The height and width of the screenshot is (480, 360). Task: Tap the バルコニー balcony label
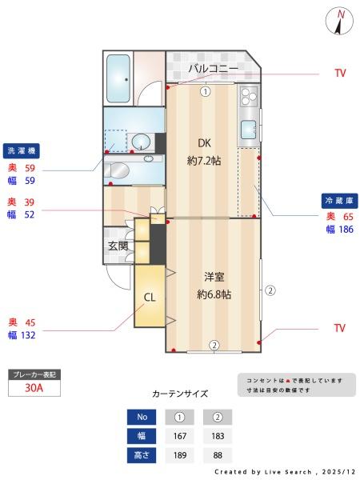click(213, 69)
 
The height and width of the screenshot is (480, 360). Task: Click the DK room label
click(204, 144)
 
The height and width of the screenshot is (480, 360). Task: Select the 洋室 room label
click(214, 277)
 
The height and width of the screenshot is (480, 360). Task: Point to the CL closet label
click(149, 298)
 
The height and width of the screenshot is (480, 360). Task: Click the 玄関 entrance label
click(118, 246)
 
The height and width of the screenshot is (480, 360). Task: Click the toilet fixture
click(118, 171)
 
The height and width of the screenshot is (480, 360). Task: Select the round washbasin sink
click(140, 142)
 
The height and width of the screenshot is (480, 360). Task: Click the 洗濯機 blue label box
click(22, 150)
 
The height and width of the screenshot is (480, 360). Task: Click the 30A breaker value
click(34, 388)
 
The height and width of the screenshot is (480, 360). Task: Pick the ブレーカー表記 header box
click(34, 374)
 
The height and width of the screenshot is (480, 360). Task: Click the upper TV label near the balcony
click(340, 73)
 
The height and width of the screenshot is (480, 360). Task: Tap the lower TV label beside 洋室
click(340, 328)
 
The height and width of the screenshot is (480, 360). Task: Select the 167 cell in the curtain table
click(179, 436)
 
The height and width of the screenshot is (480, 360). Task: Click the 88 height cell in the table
click(218, 456)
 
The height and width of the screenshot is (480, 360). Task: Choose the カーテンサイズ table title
click(180, 394)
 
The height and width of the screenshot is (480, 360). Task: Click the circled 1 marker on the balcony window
click(205, 91)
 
